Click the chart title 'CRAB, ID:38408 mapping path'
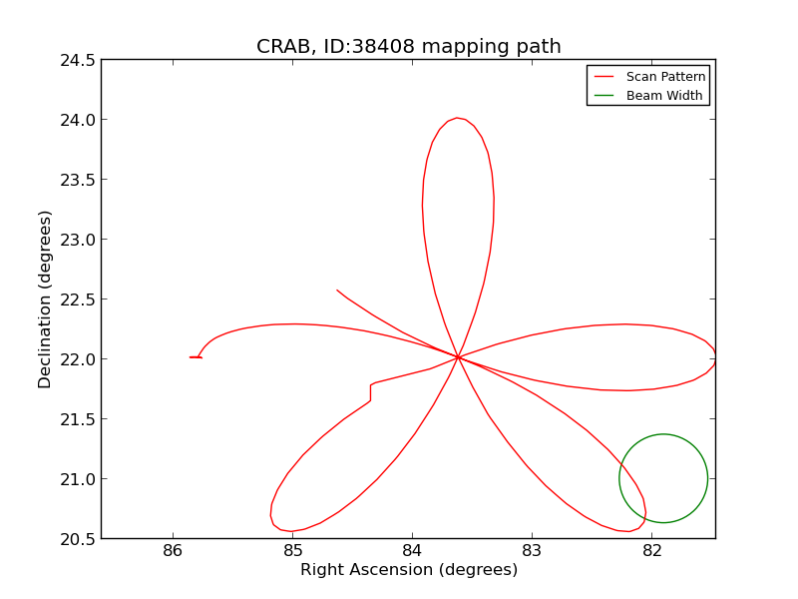click(x=408, y=47)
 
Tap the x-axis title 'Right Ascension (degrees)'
click(x=409, y=570)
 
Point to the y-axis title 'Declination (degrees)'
click(x=45, y=299)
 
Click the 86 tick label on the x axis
click(x=174, y=552)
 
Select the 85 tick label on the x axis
click(x=293, y=552)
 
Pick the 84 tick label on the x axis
click(x=413, y=552)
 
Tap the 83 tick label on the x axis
click(x=532, y=552)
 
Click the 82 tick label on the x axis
click(x=651, y=552)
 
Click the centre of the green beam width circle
click(x=663, y=478)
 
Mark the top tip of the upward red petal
click(x=457, y=118)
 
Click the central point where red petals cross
click(x=458, y=356)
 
